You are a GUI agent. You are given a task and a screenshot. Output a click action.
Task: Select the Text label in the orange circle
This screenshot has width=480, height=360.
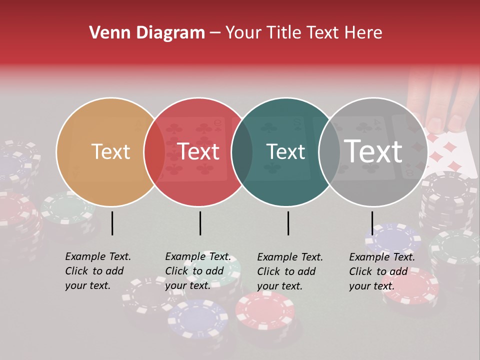coord(111,151)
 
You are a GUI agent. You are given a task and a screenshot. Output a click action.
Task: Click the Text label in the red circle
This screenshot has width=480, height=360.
coord(198,151)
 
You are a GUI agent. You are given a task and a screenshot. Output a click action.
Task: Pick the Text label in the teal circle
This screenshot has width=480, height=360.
coord(286,151)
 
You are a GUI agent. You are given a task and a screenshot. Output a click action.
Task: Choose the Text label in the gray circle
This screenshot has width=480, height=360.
coord(373,151)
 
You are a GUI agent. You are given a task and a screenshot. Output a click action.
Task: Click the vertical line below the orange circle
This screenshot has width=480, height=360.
coord(112,223)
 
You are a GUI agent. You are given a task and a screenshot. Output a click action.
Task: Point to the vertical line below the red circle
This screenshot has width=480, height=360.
coord(200,223)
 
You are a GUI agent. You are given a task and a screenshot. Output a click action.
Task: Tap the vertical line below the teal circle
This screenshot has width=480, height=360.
coord(288,223)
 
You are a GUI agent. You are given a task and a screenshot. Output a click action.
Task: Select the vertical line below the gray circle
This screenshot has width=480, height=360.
coord(372,223)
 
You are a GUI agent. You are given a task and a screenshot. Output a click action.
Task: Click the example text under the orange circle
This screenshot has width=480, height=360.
coord(98,271)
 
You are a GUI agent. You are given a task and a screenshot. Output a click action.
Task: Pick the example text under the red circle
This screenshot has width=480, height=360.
coord(198,271)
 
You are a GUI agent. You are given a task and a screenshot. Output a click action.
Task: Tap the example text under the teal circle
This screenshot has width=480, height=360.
coord(290,271)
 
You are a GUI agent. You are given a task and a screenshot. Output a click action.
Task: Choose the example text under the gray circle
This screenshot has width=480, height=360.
coord(382,271)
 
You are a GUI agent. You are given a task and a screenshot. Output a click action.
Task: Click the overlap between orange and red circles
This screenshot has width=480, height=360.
coord(154,151)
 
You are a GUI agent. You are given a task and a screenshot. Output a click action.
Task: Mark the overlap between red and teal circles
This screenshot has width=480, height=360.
coord(242,151)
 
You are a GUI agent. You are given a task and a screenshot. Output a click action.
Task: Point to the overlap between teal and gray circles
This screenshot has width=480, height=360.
coord(329,151)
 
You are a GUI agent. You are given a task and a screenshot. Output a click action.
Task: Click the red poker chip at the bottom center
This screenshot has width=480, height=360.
coord(265,310)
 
